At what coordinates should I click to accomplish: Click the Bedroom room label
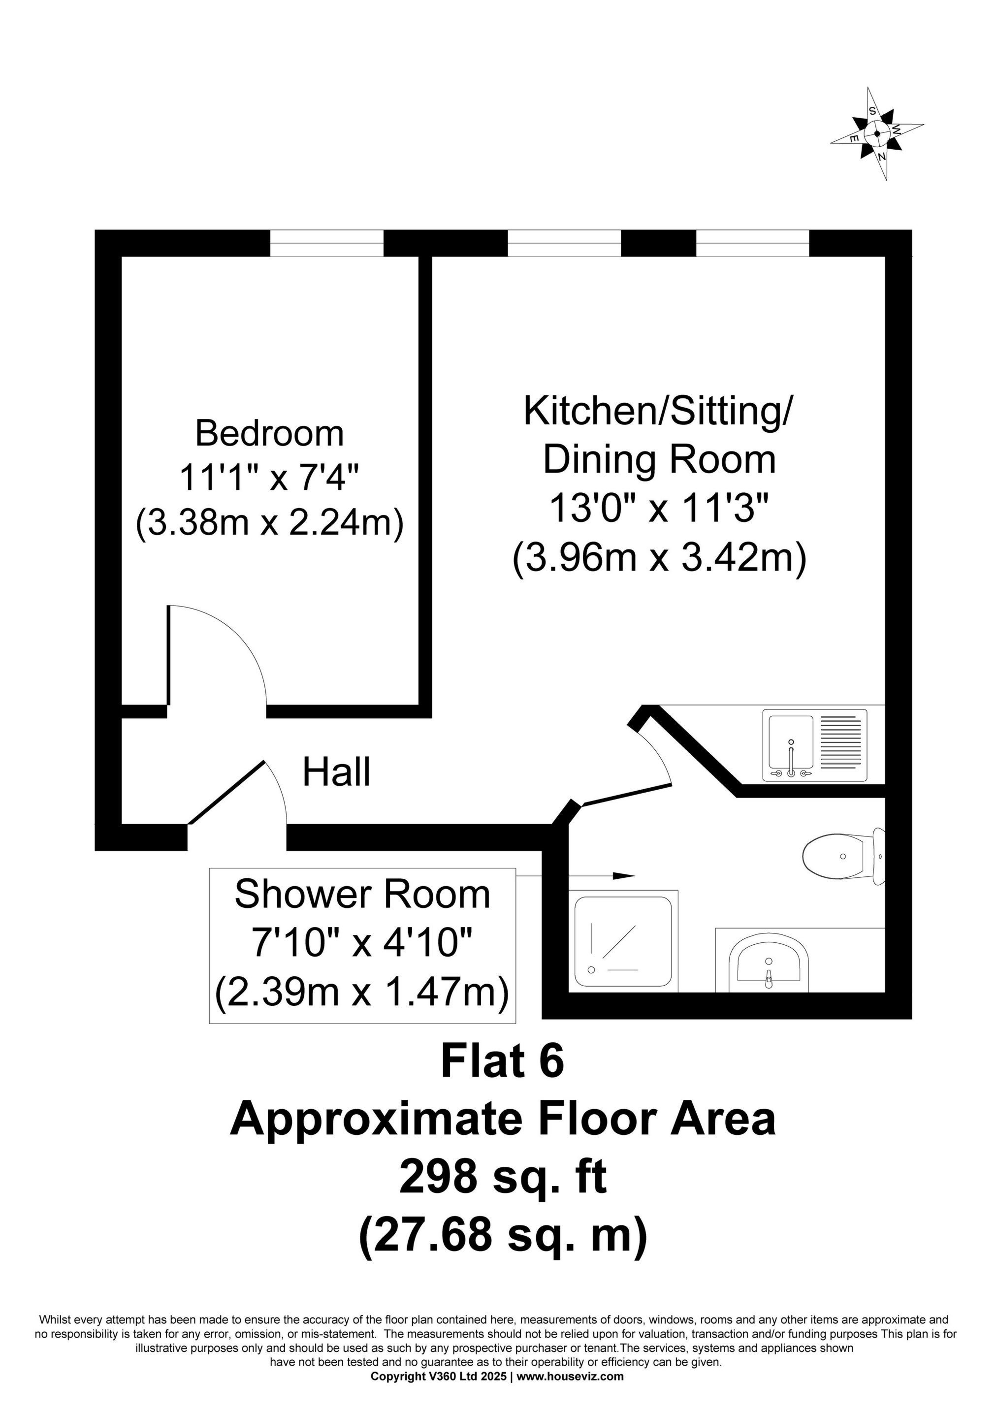pos(269,433)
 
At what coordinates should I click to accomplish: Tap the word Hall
pos(336,772)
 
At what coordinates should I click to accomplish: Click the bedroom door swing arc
pos(233,639)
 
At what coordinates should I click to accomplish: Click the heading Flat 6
pos(502,1062)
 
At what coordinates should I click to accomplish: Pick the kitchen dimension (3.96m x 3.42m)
pos(658,559)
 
